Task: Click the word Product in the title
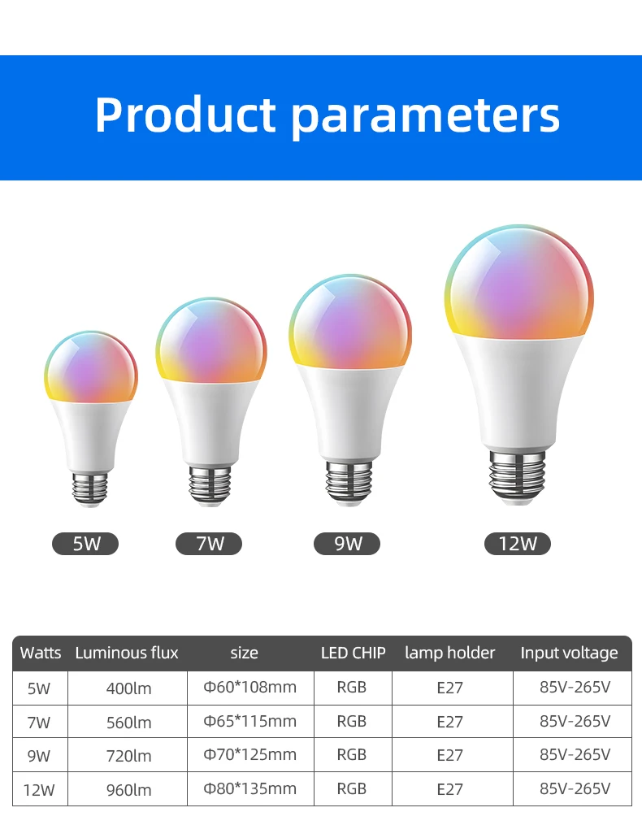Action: [185, 115]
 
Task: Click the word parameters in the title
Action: [425, 116]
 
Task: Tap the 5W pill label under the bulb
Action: [85, 544]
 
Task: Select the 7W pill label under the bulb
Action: [209, 544]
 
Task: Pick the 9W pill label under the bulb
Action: [347, 544]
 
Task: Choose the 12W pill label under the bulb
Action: [518, 544]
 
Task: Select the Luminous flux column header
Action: [127, 653]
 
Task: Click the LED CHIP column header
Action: [353, 653]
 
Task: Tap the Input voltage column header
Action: [569, 653]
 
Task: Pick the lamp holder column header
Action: [449, 653]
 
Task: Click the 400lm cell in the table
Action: [128, 688]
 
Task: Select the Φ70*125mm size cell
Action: [250, 755]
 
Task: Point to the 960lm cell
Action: [128, 788]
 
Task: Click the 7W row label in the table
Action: [38, 722]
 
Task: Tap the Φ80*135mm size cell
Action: [250, 788]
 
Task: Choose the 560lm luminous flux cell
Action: [128, 722]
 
